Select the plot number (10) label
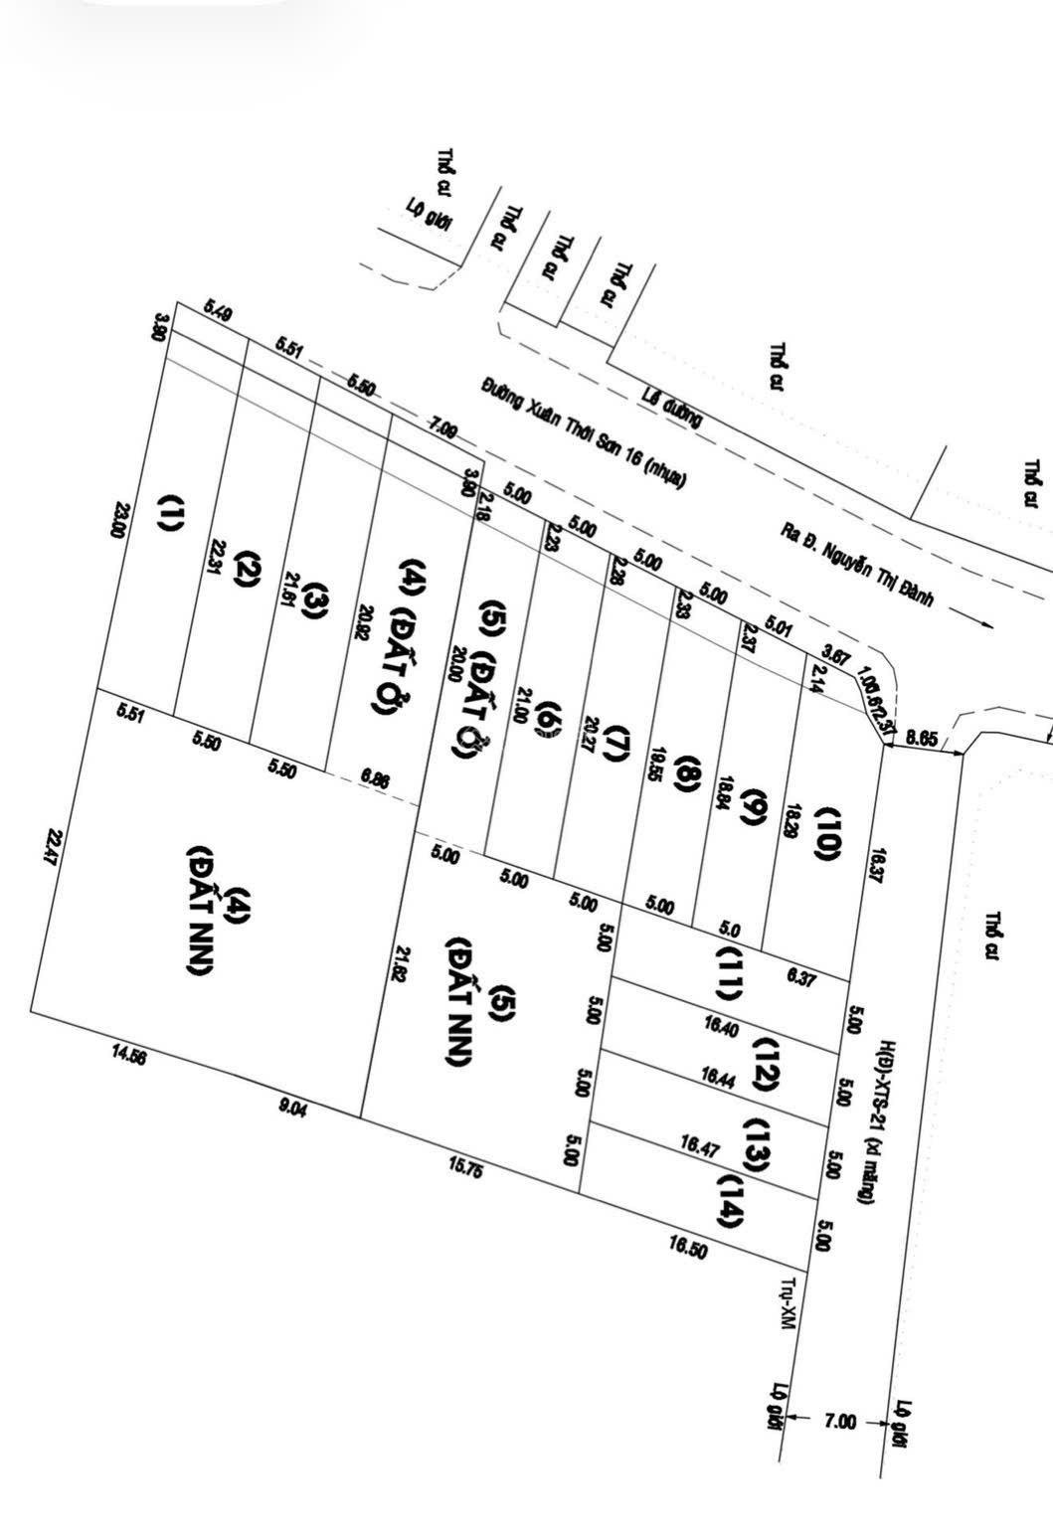pyautogui.click(x=828, y=832)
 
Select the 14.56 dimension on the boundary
pyautogui.click(x=129, y=1057)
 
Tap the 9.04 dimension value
pyautogui.click(x=293, y=1108)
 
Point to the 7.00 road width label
pyautogui.click(x=839, y=1422)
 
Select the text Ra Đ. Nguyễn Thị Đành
pyautogui.click(x=860, y=572)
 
